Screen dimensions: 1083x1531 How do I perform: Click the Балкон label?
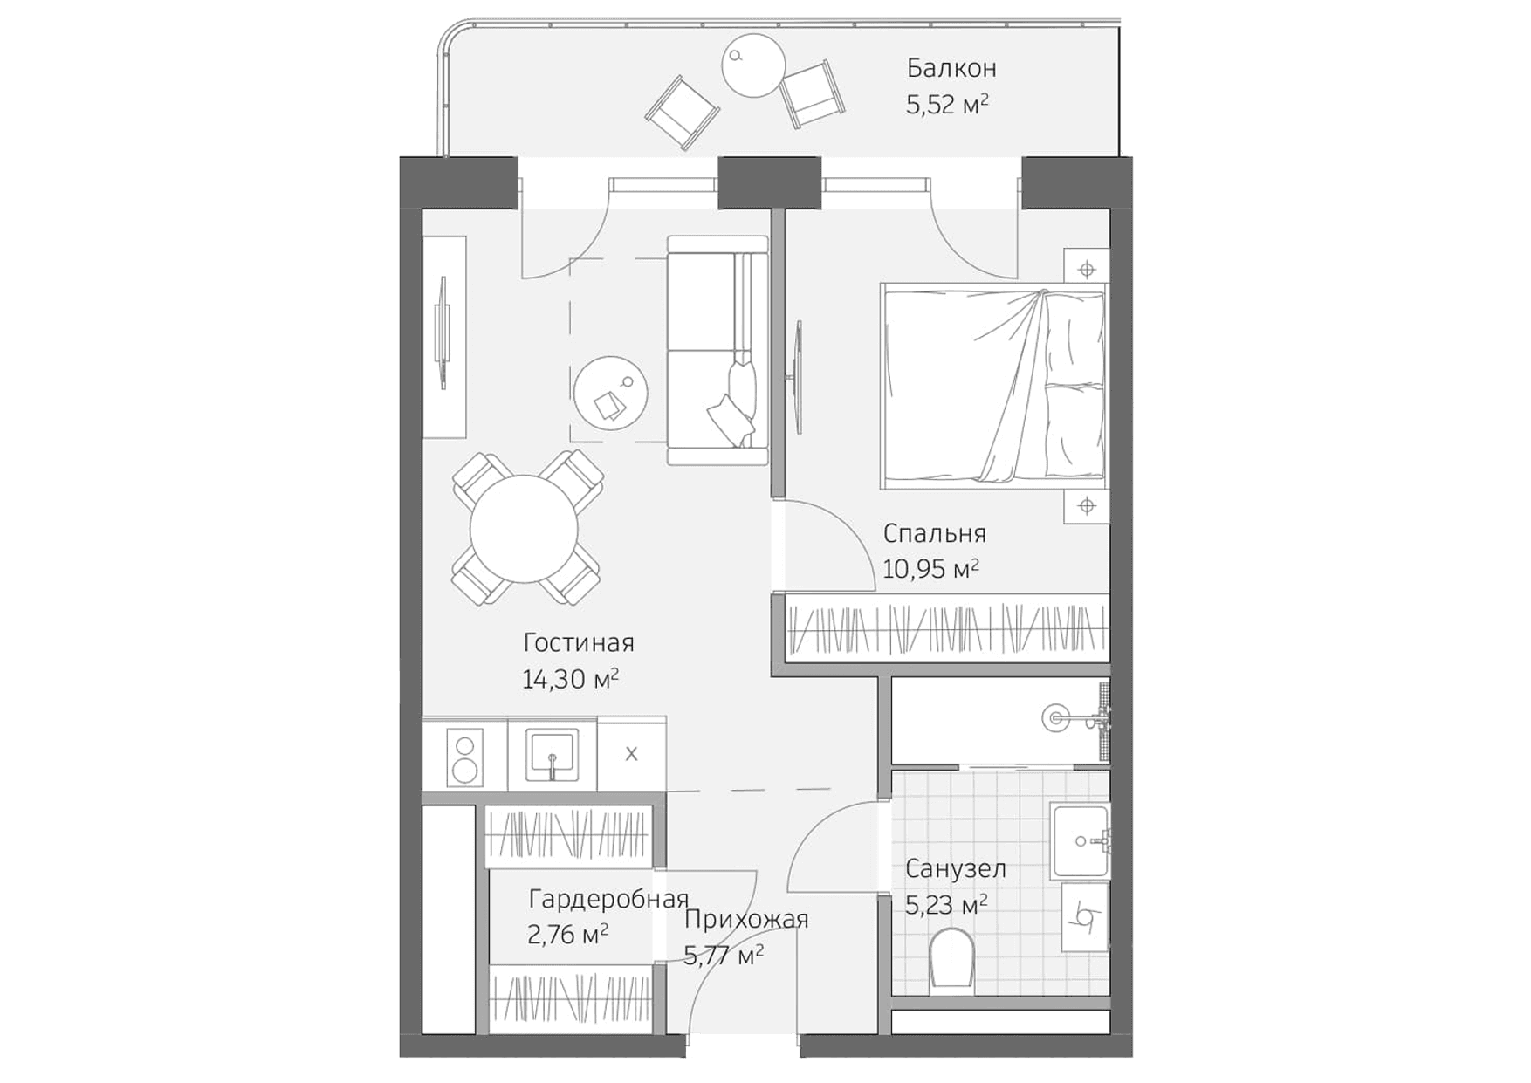[951, 68]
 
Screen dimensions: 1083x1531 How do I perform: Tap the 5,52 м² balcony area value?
[947, 106]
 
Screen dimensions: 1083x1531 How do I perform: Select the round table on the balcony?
[753, 65]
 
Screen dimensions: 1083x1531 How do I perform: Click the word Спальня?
[934, 533]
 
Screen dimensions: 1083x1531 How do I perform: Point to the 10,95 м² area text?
[930, 570]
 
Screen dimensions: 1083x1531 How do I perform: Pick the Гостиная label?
[579, 643]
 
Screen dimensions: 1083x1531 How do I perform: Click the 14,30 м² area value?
[570, 679]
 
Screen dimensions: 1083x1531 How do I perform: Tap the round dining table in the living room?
[524, 529]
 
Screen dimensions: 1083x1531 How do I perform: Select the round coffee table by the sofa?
[611, 393]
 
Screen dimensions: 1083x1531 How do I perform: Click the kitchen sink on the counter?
[551, 756]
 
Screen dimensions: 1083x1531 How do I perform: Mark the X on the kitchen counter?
[631, 754]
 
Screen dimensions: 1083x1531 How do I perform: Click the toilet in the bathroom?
[951, 958]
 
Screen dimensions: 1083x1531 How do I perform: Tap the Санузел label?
[955, 869]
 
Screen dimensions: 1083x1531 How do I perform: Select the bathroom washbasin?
[1081, 841]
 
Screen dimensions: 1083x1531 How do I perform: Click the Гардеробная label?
[608, 899]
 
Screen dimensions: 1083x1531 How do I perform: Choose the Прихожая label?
[746, 920]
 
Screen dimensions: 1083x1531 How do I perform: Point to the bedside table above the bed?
[1086, 269]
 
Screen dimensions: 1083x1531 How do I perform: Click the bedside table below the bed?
[1086, 505]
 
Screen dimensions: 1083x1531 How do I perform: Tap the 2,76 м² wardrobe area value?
[567, 936]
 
